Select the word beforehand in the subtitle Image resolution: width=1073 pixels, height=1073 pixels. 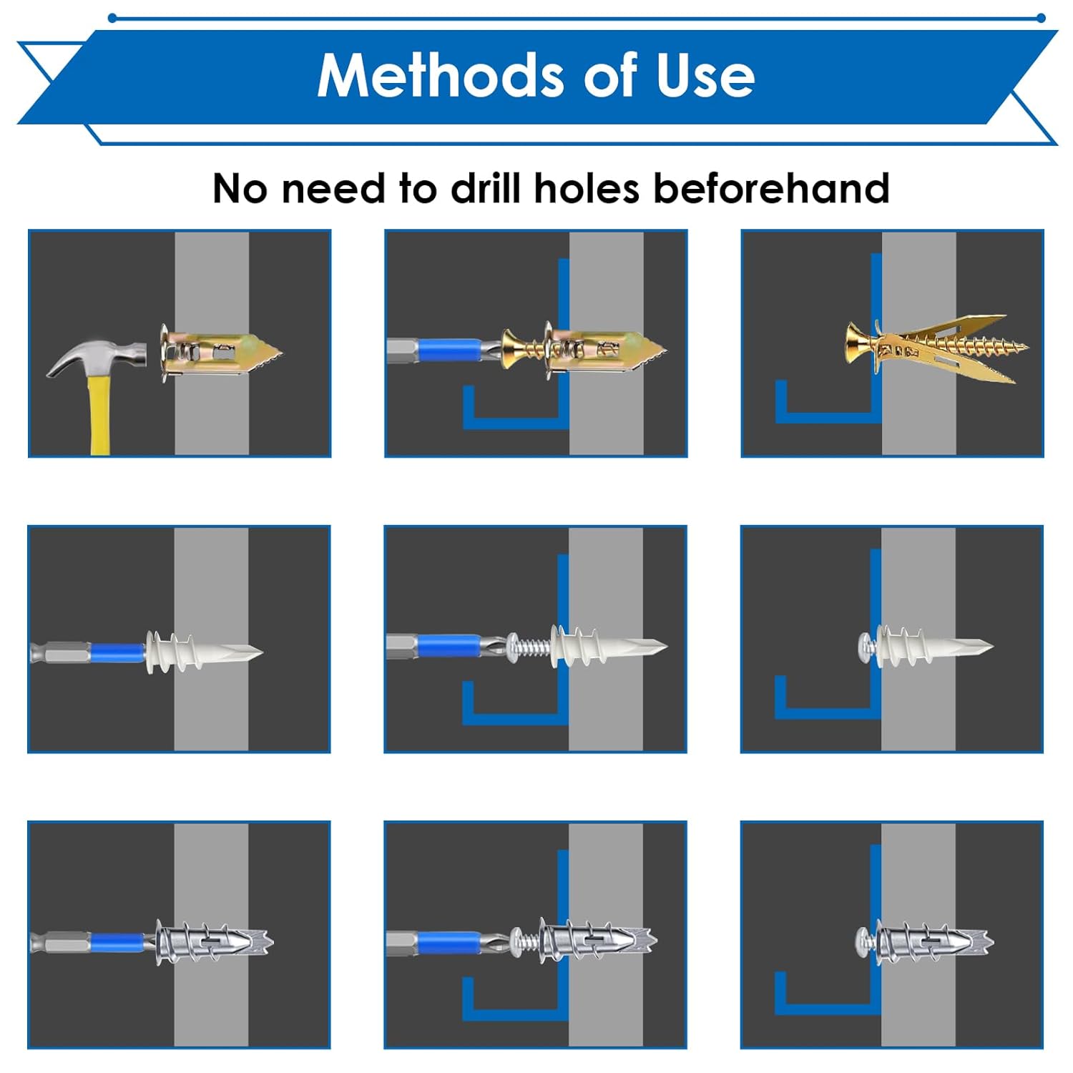(771, 188)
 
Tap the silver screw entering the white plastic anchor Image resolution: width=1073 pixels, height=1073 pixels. (529, 647)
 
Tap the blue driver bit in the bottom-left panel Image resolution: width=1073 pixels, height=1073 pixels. (118, 943)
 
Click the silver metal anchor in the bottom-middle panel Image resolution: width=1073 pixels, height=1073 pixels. (597, 939)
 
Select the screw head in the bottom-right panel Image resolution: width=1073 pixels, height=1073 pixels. (866, 941)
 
